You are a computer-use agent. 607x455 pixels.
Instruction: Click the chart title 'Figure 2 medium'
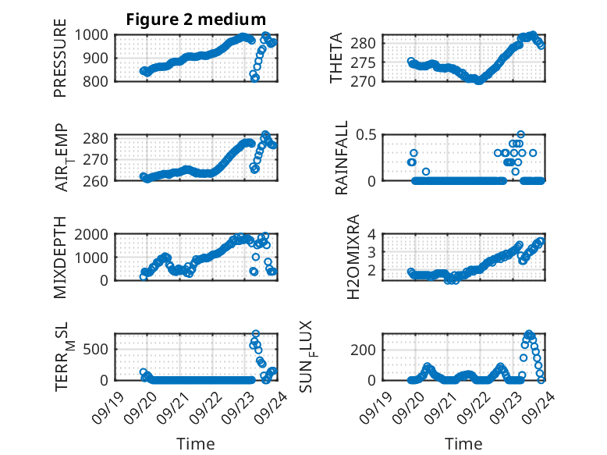click(x=196, y=19)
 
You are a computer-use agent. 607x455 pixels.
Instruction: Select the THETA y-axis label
click(x=336, y=58)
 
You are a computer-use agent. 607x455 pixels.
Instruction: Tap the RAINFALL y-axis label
click(x=341, y=158)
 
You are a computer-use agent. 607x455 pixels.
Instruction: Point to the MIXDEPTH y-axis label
click(x=60, y=257)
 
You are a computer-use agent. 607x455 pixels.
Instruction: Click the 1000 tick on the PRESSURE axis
click(x=94, y=35)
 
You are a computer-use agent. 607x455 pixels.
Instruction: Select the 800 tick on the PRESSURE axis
click(x=98, y=81)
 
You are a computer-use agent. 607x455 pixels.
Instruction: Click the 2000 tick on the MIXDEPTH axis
click(x=94, y=234)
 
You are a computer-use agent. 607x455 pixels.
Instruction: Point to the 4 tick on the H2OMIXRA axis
click(x=373, y=234)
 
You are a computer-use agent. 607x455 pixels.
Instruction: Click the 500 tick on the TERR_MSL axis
click(x=98, y=348)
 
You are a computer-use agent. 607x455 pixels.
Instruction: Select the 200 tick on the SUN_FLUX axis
click(x=366, y=349)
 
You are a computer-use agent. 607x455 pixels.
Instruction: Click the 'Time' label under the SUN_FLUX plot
click(x=463, y=443)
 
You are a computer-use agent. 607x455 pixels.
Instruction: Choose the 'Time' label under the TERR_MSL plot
click(x=196, y=443)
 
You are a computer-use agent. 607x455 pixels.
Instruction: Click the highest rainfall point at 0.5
click(x=520, y=134)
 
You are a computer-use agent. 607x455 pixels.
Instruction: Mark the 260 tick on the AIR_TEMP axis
click(x=98, y=180)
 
